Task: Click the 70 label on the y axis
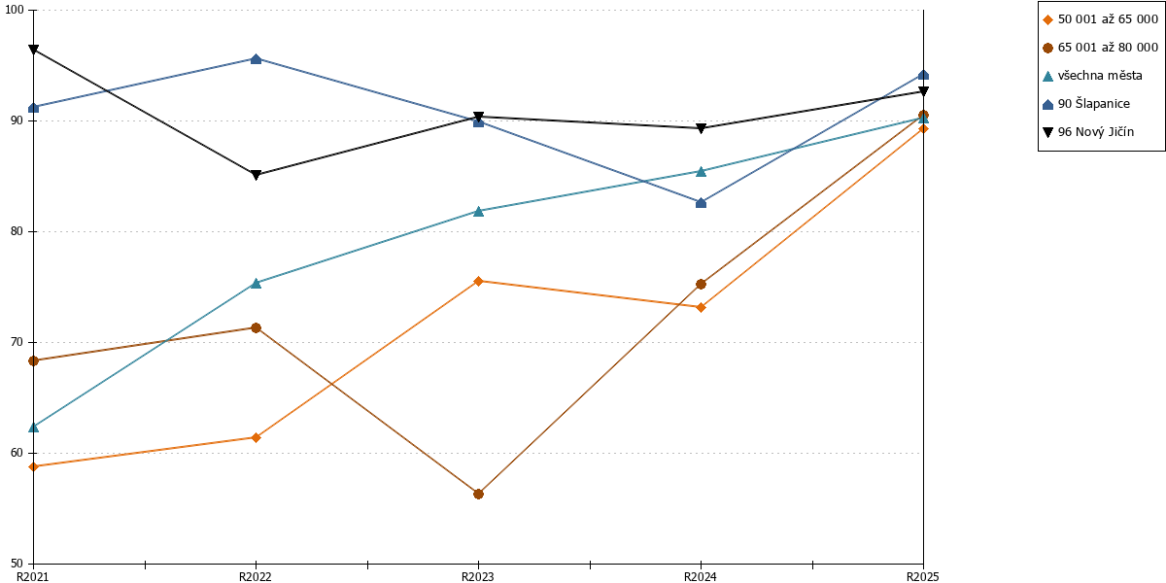tap(17, 342)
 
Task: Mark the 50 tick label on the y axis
tap(17, 564)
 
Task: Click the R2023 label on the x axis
tap(478, 577)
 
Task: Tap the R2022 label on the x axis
tap(255, 577)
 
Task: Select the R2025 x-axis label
tap(923, 577)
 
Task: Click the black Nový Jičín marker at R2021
tap(33, 50)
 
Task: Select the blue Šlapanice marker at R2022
tap(256, 59)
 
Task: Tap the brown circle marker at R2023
tap(478, 494)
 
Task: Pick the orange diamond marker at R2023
tap(478, 281)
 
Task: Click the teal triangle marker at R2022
tap(256, 283)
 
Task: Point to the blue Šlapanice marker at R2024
tap(702, 202)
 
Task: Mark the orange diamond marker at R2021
tap(33, 466)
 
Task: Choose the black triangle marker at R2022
tap(256, 175)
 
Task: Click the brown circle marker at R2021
tap(33, 360)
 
